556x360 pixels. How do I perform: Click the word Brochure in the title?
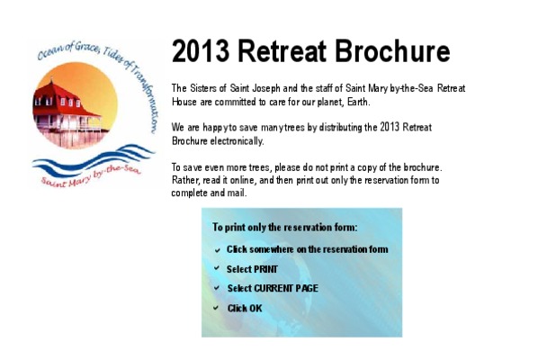pyautogui.click(x=392, y=51)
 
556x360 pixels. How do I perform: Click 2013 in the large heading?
pyautogui.click(x=201, y=51)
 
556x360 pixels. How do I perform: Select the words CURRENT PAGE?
pyautogui.click(x=286, y=288)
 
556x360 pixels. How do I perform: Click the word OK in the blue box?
pyautogui.click(x=256, y=308)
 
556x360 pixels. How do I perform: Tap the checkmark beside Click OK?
pyautogui.click(x=216, y=308)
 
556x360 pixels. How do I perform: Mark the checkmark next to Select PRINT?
pyautogui.click(x=217, y=268)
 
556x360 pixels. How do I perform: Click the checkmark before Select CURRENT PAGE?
pyautogui.click(x=217, y=288)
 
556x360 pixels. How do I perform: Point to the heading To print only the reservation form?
pyautogui.click(x=284, y=228)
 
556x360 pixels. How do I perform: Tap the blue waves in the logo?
pyautogui.click(x=93, y=160)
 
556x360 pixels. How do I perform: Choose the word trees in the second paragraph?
pyautogui.click(x=294, y=127)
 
